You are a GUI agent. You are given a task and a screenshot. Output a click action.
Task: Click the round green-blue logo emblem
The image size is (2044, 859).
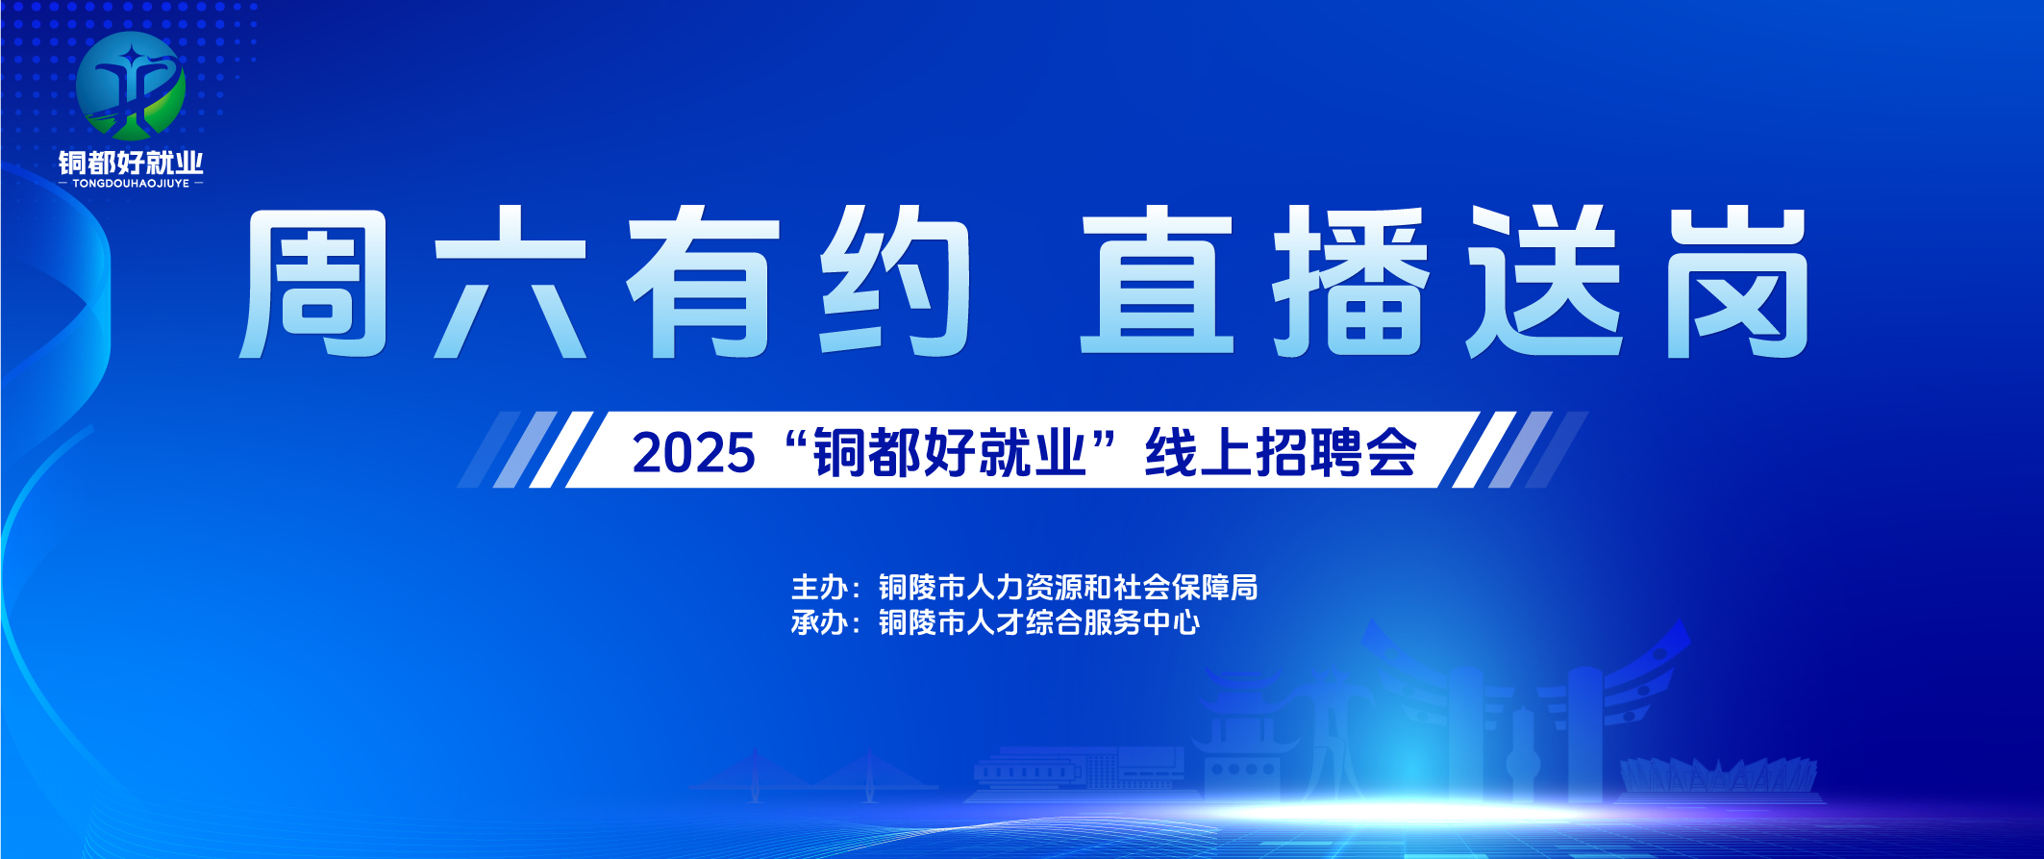[x=131, y=86]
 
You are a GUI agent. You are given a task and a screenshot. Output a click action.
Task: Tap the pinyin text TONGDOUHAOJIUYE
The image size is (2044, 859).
[x=131, y=183]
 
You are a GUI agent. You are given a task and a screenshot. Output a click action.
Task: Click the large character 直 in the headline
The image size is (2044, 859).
[x=1157, y=281]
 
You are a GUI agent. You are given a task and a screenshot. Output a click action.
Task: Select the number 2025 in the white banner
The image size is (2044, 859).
[x=693, y=452]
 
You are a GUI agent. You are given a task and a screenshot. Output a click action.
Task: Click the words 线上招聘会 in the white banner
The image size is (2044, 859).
[x=1281, y=451]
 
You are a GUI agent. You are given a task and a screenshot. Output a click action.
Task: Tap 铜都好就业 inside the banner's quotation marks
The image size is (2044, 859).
[x=950, y=452]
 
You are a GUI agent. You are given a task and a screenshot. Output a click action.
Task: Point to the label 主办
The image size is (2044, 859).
[x=819, y=587]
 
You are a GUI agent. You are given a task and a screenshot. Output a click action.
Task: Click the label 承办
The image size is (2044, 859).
[x=819, y=622]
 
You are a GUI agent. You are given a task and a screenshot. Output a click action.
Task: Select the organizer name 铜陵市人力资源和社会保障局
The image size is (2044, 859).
[x=1068, y=587]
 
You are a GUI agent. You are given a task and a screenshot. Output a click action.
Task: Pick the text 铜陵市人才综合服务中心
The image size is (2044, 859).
[x=1039, y=622]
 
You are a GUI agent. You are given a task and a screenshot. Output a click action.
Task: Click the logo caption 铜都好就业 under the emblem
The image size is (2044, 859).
[x=131, y=162]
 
